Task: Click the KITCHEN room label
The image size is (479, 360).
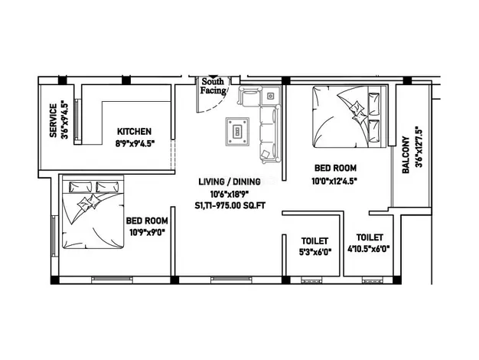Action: (x=134, y=132)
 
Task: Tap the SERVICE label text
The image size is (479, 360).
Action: (x=53, y=120)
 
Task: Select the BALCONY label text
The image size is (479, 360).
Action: (x=406, y=155)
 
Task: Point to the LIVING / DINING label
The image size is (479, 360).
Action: (x=230, y=182)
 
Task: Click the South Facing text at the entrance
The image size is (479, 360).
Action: (x=213, y=86)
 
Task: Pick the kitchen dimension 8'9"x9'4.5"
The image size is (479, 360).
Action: (x=135, y=143)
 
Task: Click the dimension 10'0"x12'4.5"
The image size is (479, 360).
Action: (x=334, y=181)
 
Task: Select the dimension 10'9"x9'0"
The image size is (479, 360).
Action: (x=147, y=232)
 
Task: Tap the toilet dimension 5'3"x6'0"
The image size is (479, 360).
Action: (x=315, y=252)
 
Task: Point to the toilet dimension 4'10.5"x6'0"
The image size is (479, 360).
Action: (x=369, y=249)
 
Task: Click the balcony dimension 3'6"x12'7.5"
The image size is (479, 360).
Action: (x=419, y=147)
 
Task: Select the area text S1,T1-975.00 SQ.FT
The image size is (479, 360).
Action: (x=230, y=205)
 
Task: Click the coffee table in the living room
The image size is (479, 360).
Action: (x=237, y=132)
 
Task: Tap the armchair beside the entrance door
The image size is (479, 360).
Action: (x=249, y=96)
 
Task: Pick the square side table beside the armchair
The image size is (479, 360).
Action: (x=270, y=96)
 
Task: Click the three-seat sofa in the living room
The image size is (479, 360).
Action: (x=270, y=134)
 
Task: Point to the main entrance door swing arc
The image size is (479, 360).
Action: (x=217, y=103)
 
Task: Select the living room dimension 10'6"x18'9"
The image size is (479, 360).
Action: (x=230, y=194)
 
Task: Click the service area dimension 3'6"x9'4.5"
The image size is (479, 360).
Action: (x=64, y=119)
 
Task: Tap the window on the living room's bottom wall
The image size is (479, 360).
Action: (x=231, y=280)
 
